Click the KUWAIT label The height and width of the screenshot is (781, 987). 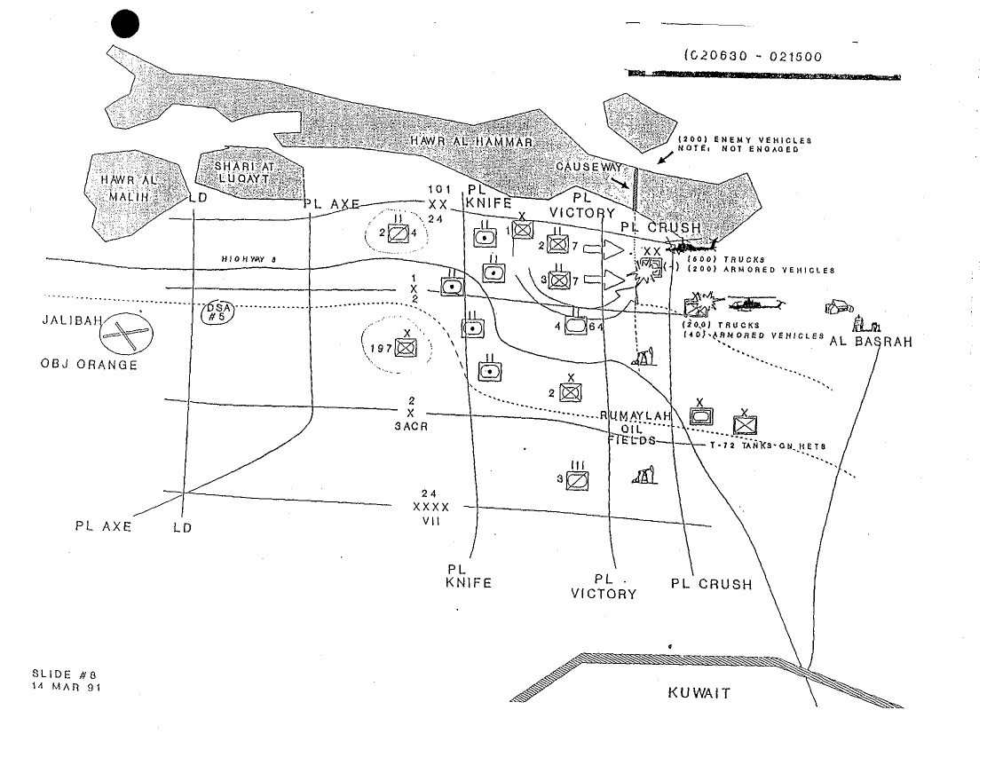(699, 694)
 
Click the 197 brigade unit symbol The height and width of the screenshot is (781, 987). (406, 349)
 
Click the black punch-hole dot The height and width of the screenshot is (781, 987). (126, 26)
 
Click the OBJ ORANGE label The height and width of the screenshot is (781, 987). (89, 365)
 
